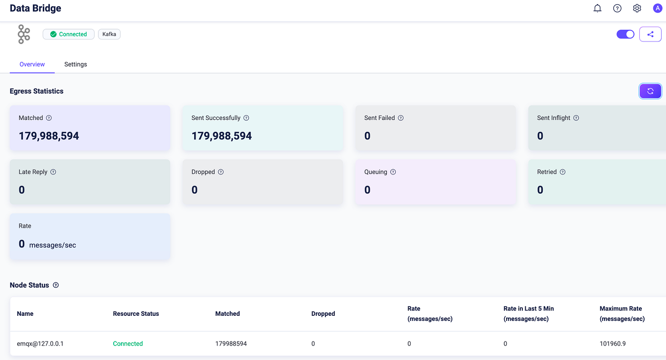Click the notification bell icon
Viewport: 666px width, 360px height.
pos(597,9)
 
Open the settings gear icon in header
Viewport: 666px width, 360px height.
pos(637,9)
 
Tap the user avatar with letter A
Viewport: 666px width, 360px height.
pos(657,9)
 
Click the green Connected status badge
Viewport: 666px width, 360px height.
pos(69,34)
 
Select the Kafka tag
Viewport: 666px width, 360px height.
pos(109,34)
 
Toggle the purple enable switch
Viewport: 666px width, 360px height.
pos(625,34)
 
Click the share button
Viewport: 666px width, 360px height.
pos(650,34)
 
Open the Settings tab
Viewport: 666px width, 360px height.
pos(76,64)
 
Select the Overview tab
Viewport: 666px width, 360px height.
pos(32,64)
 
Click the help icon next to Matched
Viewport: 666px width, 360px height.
pos(49,118)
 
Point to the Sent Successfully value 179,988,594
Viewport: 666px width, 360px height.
pos(222,136)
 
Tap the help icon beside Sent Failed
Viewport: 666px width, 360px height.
pos(401,118)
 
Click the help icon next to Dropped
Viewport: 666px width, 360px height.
pos(221,172)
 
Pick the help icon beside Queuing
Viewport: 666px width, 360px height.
pos(393,172)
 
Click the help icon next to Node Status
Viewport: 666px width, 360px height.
pos(56,285)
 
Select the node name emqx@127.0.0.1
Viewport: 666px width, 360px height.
pos(40,344)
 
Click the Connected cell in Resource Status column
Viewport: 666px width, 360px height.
pos(128,344)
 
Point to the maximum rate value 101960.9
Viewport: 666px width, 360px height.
pos(613,344)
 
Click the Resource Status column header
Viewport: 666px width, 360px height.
pos(136,313)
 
